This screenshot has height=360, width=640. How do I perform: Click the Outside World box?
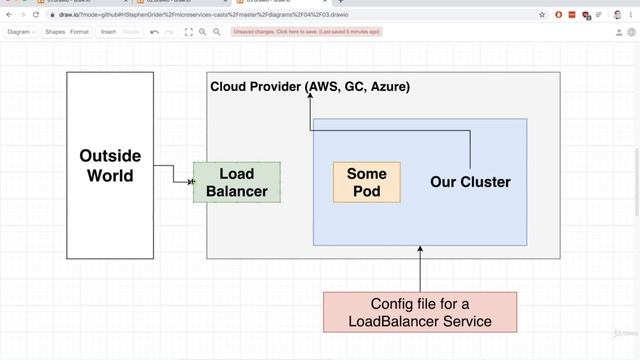tap(110, 166)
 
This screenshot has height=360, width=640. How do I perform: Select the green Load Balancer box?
tap(236, 182)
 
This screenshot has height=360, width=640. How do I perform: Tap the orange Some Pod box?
tap(366, 182)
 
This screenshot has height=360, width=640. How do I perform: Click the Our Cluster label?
tap(470, 182)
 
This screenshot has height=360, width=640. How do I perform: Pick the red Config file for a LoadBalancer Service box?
tap(420, 312)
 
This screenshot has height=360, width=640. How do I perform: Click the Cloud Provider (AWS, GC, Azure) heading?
tap(310, 87)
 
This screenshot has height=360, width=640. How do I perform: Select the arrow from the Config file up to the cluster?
tap(420, 268)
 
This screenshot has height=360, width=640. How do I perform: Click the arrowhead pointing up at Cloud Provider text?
tap(311, 100)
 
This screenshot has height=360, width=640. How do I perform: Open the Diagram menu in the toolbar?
tap(20, 32)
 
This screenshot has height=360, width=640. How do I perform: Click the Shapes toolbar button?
tap(55, 32)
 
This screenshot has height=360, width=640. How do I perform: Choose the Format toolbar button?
tap(79, 32)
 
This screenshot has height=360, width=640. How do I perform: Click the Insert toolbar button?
tap(108, 32)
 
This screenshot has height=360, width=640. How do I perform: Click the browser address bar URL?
tap(250, 15)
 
